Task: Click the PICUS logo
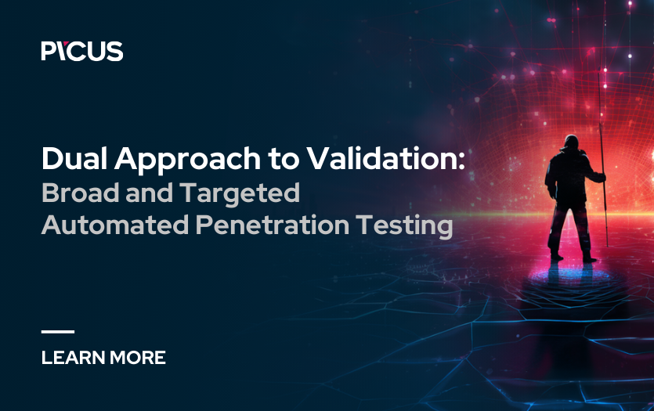(82, 51)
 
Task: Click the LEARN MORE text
(103, 358)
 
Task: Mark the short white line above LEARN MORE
(57, 332)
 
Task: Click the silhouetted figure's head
(571, 144)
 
